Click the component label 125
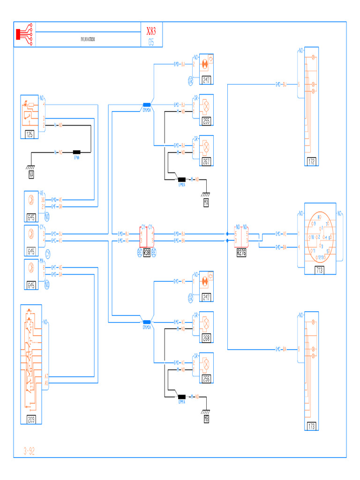(29, 135)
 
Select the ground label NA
(31, 175)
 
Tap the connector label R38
(146, 251)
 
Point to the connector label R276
(241, 251)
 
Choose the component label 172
(312, 162)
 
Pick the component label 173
(312, 426)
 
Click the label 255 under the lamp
(207, 121)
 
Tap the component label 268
(207, 338)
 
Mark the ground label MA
(206, 202)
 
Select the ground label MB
(206, 419)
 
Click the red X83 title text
(151, 32)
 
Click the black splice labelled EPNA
(76, 152)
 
